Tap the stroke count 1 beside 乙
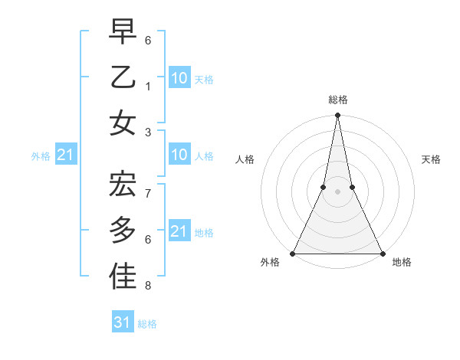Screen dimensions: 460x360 click(x=148, y=87)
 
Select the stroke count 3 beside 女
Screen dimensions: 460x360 click(x=148, y=131)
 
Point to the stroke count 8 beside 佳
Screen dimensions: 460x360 click(x=148, y=286)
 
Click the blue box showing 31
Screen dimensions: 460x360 click(x=123, y=322)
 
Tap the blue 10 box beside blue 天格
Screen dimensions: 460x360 click(x=179, y=77)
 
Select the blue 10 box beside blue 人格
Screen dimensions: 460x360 click(x=179, y=155)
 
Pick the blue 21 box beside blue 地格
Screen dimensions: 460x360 click(x=179, y=231)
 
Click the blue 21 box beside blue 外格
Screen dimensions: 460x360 click(x=65, y=155)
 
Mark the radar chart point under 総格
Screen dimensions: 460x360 click(x=337, y=116)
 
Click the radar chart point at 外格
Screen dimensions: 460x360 click(x=293, y=254)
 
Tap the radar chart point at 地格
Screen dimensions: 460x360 click(x=382, y=254)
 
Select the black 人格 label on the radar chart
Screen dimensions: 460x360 click(x=245, y=160)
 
